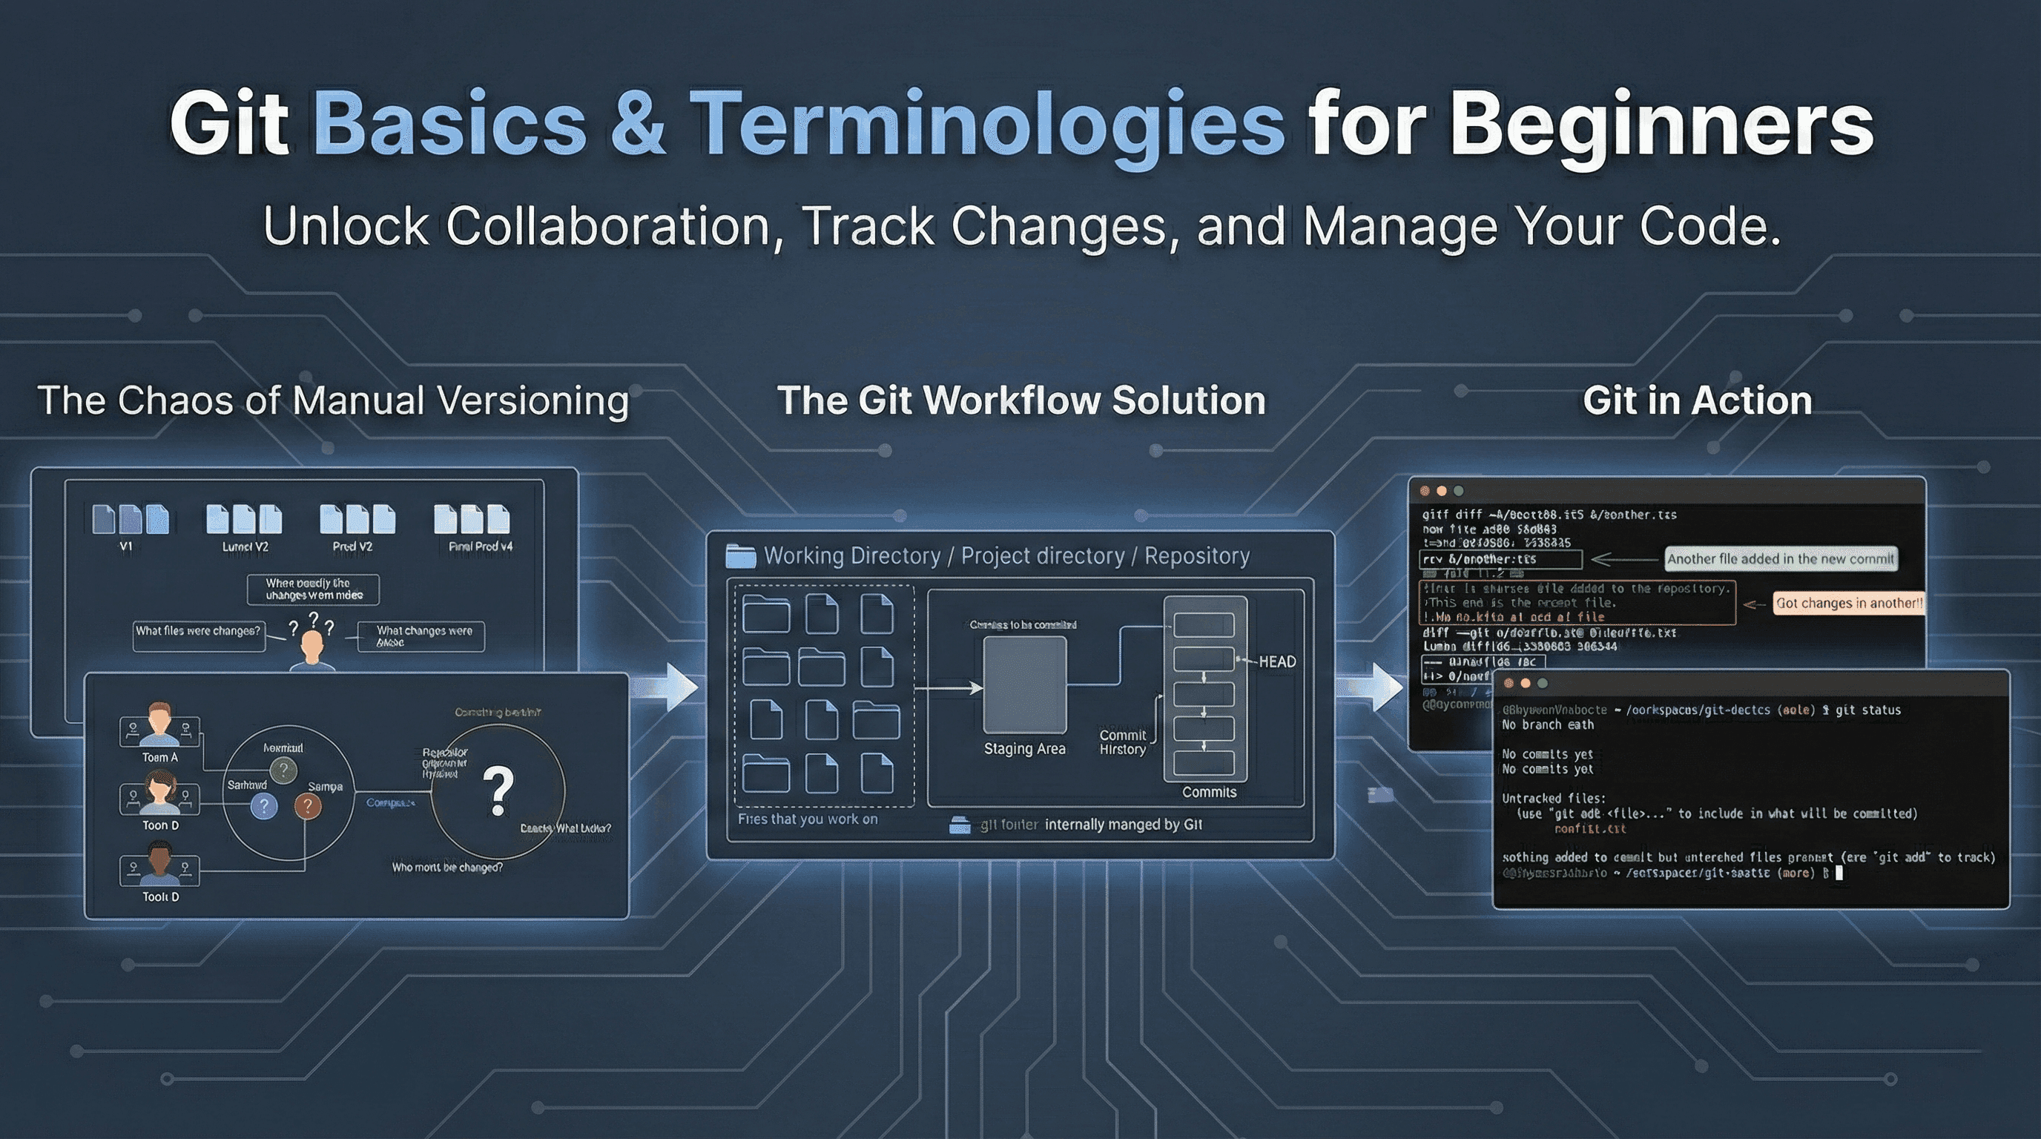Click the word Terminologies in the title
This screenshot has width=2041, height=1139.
[x=986, y=125]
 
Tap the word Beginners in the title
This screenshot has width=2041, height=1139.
[x=1661, y=125]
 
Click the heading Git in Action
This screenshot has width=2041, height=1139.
[x=1696, y=400]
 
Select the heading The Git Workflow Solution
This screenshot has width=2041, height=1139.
[x=1020, y=400]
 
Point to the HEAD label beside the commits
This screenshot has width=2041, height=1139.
[x=1276, y=662]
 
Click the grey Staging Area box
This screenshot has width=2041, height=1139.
[x=1024, y=684]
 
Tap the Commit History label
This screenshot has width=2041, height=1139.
[x=1122, y=742]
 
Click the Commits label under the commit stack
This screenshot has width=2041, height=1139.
[x=1208, y=792]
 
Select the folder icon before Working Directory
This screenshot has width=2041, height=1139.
[x=740, y=556]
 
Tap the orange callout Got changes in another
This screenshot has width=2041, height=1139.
[x=1847, y=604]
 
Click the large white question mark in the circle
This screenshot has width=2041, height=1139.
[x=498, y=790]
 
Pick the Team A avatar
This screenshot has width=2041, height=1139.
[x=159, y=721]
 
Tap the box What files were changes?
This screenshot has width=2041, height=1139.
[x=198, y=632]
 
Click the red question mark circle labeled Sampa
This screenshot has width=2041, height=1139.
[x=308, y=806]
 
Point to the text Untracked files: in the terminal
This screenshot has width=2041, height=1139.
[x=1553, y=799]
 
